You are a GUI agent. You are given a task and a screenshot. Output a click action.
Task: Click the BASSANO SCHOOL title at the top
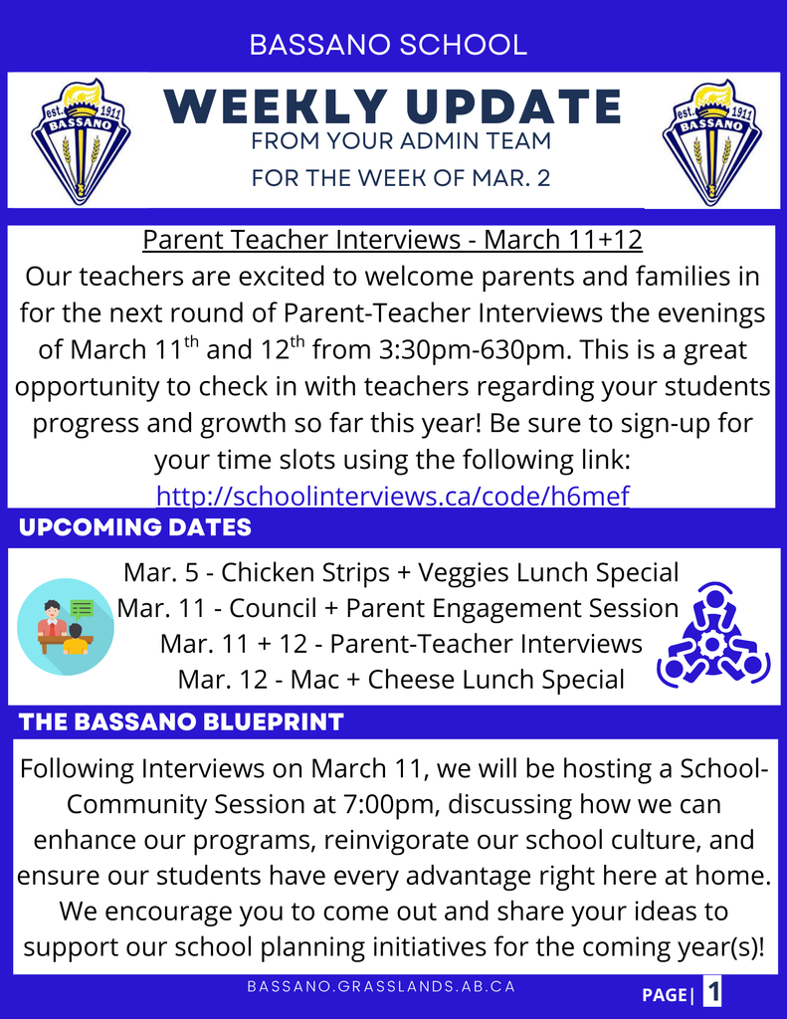pyautogui.click(x=388, y=45)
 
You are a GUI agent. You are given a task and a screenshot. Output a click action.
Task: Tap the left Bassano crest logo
pyautogui.click(x=81, y=141)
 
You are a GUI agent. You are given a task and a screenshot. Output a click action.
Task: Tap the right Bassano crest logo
pyautogui.click(x=711, y=142)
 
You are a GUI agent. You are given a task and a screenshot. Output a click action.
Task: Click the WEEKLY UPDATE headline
pyautogui.click(x=393, y=106)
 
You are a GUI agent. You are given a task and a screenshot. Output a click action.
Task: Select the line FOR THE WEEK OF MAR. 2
pyautogui.click(x=401, y=177)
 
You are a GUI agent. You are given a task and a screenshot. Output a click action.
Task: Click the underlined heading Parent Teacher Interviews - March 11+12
pyautogui.click(x=393, y=239)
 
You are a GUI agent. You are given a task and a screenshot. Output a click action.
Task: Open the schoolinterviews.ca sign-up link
pyautogui.click(x=393, y=496)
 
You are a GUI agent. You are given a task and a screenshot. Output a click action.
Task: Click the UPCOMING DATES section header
pyautogui.click(x=135, y=527)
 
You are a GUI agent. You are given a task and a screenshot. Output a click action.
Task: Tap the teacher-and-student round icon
pyautogui.click(x=66, y=627)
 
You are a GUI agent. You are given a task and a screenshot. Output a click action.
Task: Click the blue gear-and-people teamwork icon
pyautogui.click(x=713, y=636)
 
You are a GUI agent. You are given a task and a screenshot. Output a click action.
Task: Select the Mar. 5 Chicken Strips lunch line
pyautogui.click(x=401, y=572)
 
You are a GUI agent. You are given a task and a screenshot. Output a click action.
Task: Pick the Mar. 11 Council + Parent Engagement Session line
pyautogui.click(x=398, y=608)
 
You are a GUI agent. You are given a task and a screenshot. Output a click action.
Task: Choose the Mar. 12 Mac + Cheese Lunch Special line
pyautogui.click(x=401, y=680)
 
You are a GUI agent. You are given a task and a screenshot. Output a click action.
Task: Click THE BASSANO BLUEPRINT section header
pyautogui.click(x=181, y=722)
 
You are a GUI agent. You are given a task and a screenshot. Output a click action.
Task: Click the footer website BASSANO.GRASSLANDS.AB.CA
pyautogui.click(x=381, y=986)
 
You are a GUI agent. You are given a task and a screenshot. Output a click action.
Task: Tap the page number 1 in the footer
pyautogui.click(x=713, y=992)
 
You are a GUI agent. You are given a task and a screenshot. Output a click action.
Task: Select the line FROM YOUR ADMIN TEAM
pyautogui.click(x=401, y=141)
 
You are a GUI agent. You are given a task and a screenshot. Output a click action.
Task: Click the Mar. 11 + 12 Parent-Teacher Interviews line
pyautogui.click(x=401, y=644)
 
